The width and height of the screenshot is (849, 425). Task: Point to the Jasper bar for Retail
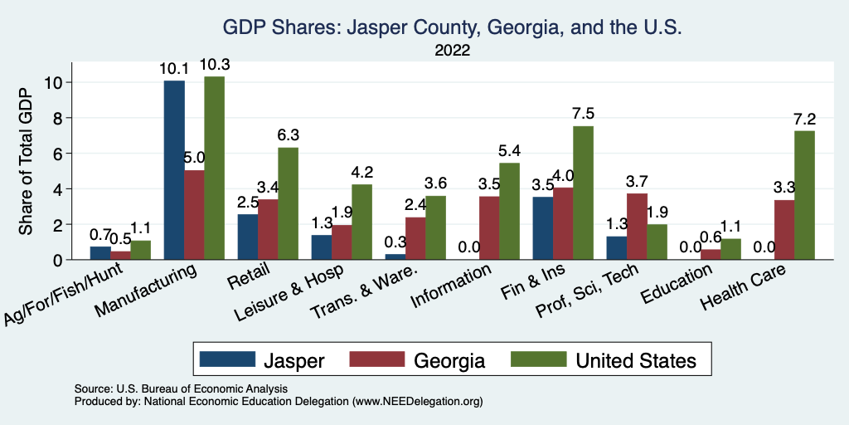tap(248, 237)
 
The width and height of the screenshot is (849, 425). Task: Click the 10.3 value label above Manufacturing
tap(214, 66)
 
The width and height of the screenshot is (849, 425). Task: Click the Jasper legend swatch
tap(227, 359)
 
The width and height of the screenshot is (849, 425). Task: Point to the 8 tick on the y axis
tap(57, 118)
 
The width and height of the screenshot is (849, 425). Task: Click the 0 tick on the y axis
tap(57, 260)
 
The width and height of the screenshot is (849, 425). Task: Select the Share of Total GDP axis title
tap(26, 161)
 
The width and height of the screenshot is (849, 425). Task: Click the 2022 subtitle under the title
tap(452, 51)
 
